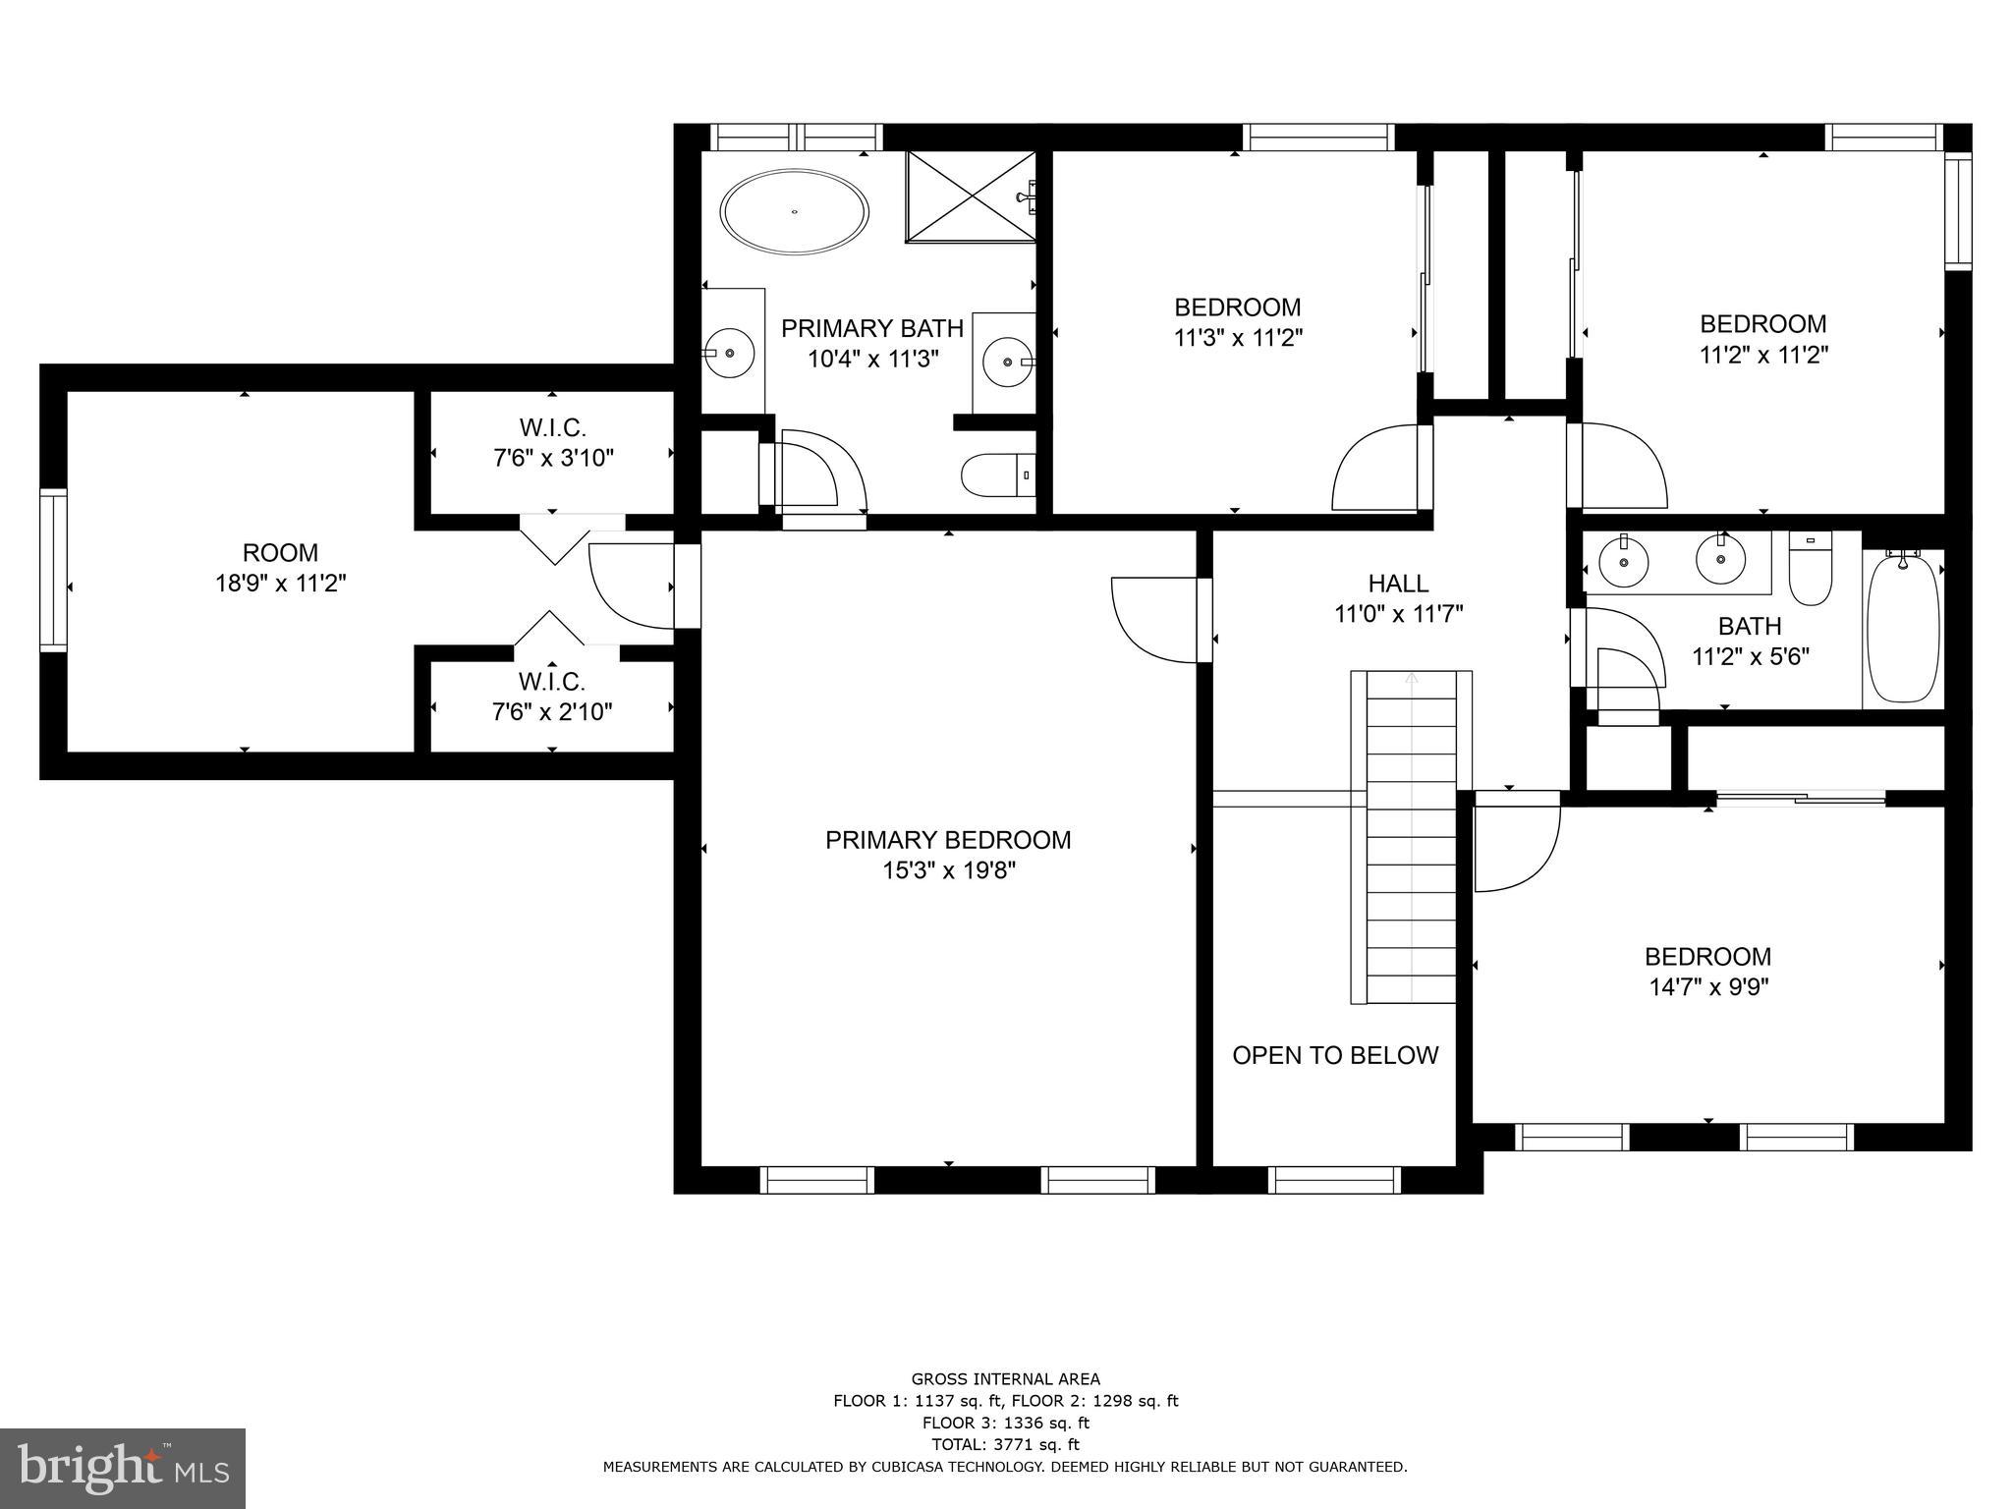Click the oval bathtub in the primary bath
pos(794,212)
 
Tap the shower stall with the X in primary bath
pos(971,196)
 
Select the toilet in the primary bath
pos(996,475)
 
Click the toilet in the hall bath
pos(1810,571)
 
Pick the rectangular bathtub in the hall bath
pos(1903,627)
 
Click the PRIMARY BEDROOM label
pos(947,840)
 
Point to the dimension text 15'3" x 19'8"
pos(947,870)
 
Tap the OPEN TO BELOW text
pos(1334,1055)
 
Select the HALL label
pos(1398,584)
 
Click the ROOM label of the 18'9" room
pos(280,553)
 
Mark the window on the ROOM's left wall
pos(53,570)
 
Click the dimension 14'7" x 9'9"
pos(1707,986)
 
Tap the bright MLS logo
pos(123,1469)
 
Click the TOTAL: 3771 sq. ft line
pos(1005,1444)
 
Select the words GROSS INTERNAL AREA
pos(1005,1378)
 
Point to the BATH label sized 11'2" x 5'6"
pos(1749,626)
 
